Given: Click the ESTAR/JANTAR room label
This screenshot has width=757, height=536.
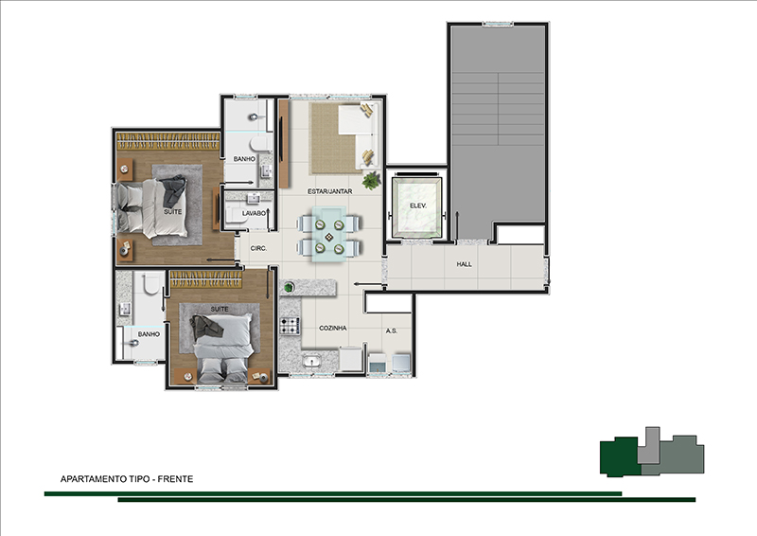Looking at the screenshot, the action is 329,191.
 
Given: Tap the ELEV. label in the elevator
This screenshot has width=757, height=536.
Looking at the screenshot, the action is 417,205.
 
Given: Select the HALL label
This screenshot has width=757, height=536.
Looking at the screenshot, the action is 464,264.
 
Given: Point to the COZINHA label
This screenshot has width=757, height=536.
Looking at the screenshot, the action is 333,328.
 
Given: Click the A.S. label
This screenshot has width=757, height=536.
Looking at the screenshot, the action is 392,331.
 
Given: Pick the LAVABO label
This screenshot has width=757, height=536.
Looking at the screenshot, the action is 254,213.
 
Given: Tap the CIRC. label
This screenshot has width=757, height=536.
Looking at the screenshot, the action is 258,248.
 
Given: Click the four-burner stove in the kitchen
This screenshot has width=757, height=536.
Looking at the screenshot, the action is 290,326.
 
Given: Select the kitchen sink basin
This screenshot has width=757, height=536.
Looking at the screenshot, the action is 311,361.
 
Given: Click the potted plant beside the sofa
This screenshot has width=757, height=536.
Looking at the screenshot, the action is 372,180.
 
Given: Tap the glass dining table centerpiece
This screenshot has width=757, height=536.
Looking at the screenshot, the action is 328,237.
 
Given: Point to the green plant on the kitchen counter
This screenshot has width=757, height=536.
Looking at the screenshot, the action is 289,288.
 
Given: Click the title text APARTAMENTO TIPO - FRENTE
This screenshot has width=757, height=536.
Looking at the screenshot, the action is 127,479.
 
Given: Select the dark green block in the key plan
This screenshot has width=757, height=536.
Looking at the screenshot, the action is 620,456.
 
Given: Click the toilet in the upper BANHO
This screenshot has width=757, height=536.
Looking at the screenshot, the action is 261,144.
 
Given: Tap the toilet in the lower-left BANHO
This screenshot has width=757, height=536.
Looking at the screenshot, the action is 150,283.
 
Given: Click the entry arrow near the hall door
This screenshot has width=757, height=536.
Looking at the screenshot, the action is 361,284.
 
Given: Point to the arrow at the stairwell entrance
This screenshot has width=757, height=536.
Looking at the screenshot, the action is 458,223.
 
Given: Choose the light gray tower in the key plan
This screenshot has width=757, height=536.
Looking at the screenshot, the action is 648,446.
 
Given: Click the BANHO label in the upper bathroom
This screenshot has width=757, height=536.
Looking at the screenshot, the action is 244,159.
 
